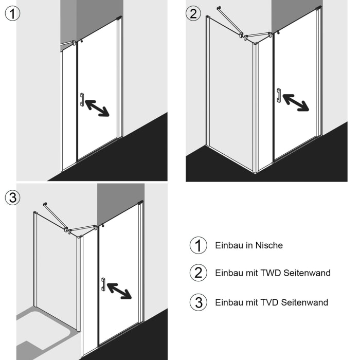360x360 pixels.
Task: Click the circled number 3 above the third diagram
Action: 12,197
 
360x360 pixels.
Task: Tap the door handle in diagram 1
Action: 81,100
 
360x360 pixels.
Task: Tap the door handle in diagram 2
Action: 278,96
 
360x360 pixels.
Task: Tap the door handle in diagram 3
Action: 103,284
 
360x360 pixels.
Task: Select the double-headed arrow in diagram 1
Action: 97,108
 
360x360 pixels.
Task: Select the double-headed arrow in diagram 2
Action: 296,102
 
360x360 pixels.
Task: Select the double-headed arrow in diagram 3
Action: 119,291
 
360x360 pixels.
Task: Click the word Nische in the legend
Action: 268,245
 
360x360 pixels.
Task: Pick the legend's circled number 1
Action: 198,245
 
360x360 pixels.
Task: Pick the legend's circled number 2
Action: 198,273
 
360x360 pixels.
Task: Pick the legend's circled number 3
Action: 198,302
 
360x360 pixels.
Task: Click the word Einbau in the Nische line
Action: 227,245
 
